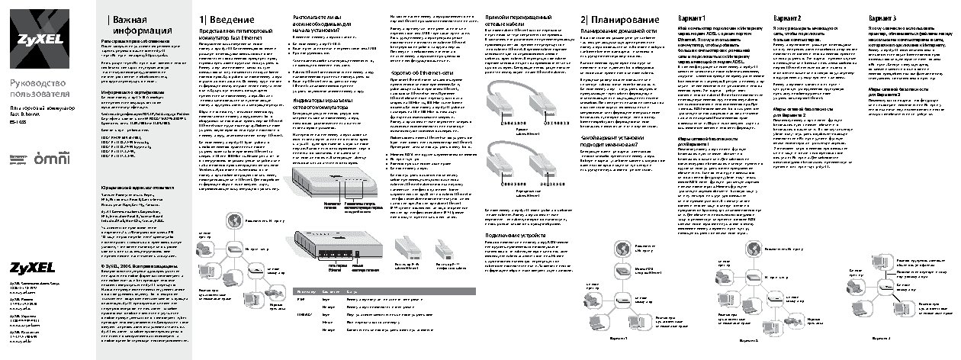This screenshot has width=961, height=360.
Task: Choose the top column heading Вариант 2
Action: tap(787, 17)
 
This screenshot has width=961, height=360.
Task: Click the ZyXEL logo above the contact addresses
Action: tap(32, 267)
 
